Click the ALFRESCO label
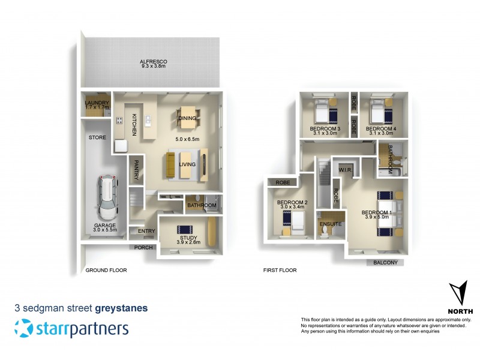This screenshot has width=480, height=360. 153,62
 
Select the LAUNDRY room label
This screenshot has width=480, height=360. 97,103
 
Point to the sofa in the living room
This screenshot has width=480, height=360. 172,166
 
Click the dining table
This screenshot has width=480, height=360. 187,118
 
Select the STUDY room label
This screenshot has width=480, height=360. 184,239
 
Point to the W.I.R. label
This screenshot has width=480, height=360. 346,169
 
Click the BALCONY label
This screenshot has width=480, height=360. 385,263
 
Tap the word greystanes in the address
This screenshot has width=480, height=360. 121,308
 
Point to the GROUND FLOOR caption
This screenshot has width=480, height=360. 106,270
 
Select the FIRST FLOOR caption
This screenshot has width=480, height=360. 280,270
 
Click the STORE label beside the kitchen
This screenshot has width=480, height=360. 97,137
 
